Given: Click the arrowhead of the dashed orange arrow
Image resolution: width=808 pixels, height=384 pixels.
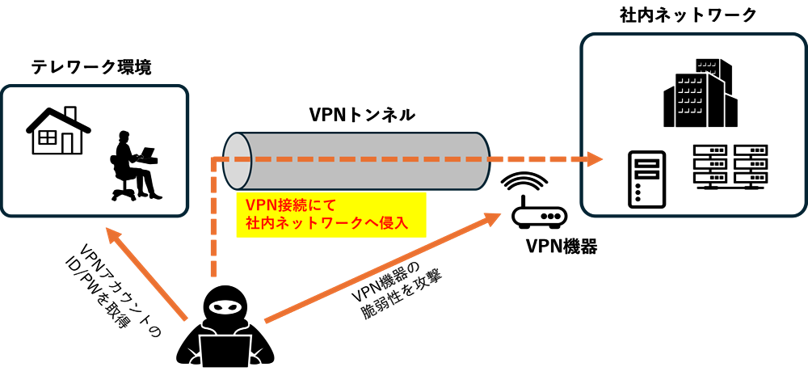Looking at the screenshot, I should pos(595,159).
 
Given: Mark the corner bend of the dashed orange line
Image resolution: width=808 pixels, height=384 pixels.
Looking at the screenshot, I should pos(214,160).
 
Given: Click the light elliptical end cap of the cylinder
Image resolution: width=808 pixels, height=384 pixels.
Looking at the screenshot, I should pos(238,160).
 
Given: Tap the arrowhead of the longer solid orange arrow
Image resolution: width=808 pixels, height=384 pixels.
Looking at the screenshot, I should pos(494,218).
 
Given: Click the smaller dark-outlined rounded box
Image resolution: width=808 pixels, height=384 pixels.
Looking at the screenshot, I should pos(95,150).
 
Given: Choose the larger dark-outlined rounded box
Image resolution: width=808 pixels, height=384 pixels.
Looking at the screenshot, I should pos(692,124).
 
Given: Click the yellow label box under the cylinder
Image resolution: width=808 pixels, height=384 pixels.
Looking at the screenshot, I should pos(330,214).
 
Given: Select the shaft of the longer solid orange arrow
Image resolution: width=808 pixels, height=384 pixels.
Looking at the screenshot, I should pos(380,270).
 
